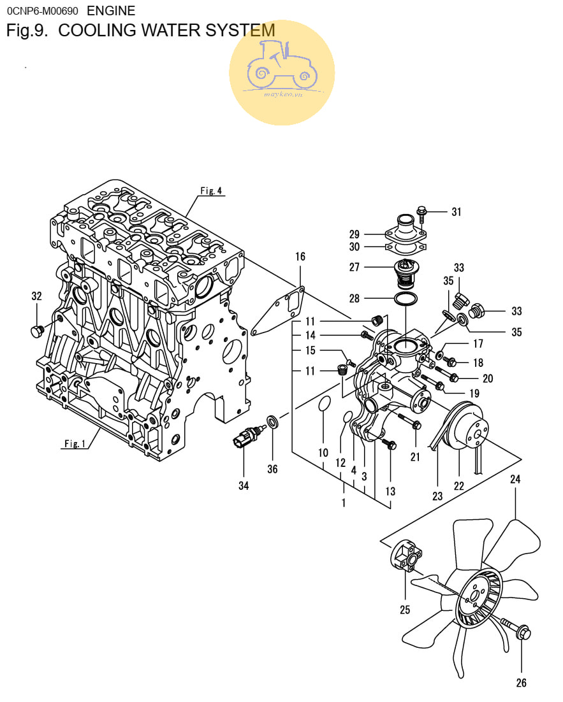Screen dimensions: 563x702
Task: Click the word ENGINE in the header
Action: click(x=111, y=11)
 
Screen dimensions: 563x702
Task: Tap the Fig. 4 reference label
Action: click(x=211, y=190)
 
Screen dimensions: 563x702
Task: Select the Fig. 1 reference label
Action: click(x=75, y=443)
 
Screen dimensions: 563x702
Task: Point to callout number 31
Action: click(x=457, y=211)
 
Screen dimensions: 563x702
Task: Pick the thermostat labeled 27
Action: click(x=405, y=274)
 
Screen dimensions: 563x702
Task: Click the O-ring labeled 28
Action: click(x=406, y=298)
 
